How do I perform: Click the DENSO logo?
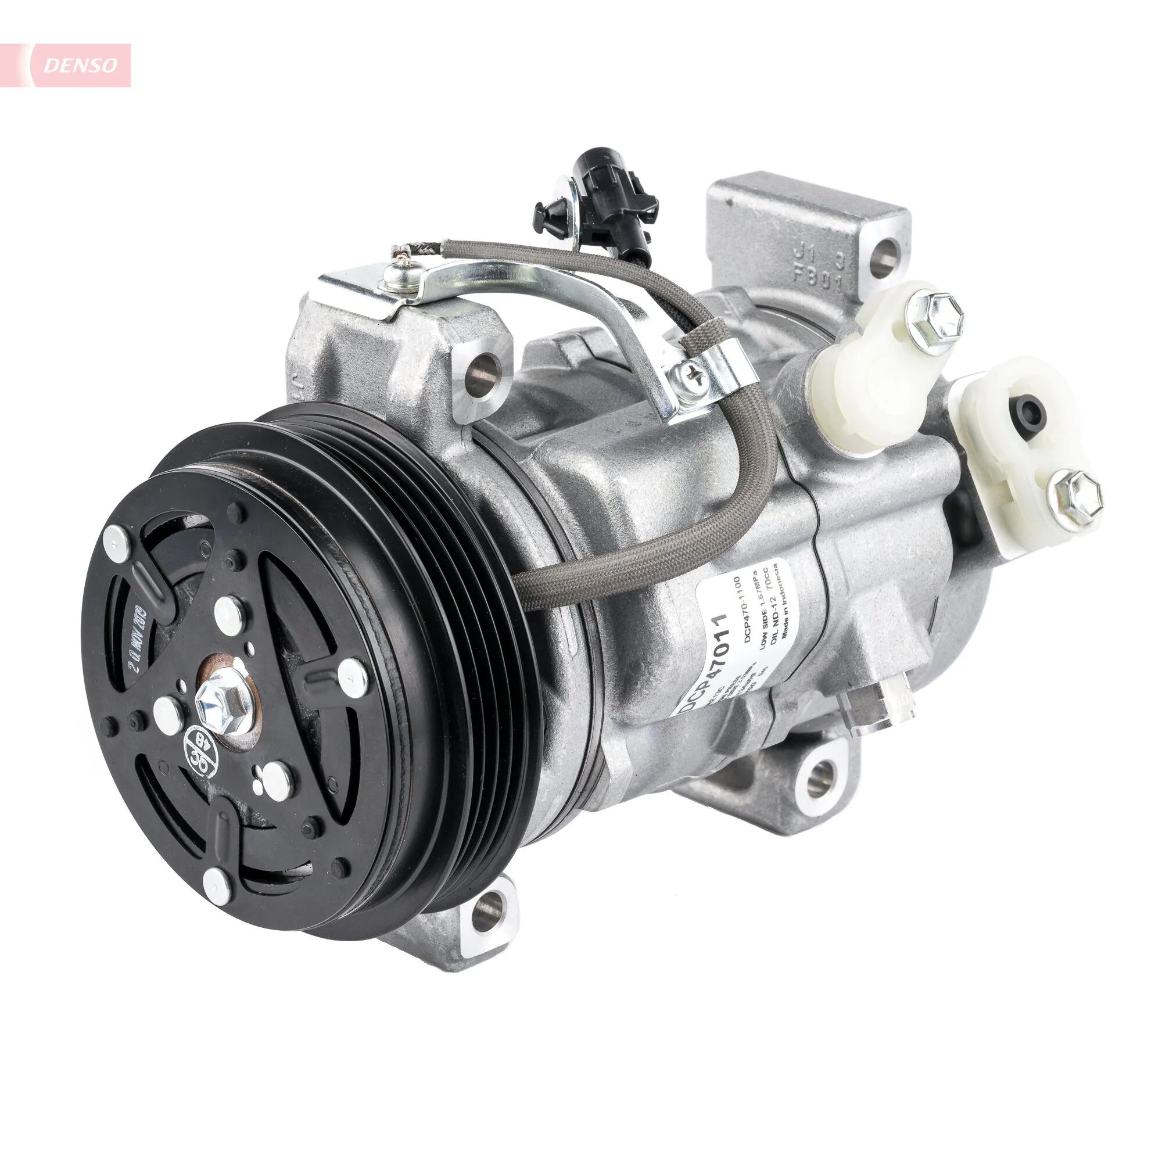81,66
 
